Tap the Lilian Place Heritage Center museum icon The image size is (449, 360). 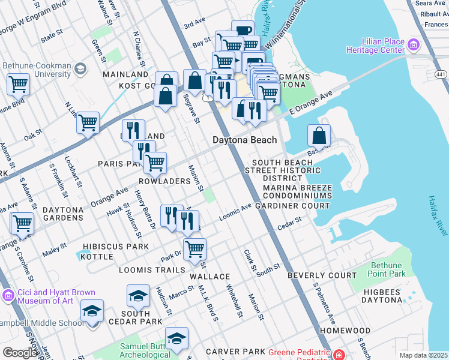click(x=413, y=45)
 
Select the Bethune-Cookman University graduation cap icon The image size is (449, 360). click(x=79, y=70)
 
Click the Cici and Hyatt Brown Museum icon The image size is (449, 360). click(x=8, y=295)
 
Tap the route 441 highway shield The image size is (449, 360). click(x=441, y=73)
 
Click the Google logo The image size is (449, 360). click(x=20, y=353)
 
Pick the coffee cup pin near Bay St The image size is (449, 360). click(x=243, y=31)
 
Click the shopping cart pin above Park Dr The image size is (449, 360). click(x=194, y=248)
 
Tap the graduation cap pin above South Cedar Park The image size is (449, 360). click(x=138, y=295)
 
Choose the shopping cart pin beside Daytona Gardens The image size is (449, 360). click(x=22, y=223)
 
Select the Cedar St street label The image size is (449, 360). click(x=289, y=224)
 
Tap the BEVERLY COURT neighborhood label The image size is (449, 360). click(x=322, y=275)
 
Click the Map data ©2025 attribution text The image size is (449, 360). click(x=423, y=355)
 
